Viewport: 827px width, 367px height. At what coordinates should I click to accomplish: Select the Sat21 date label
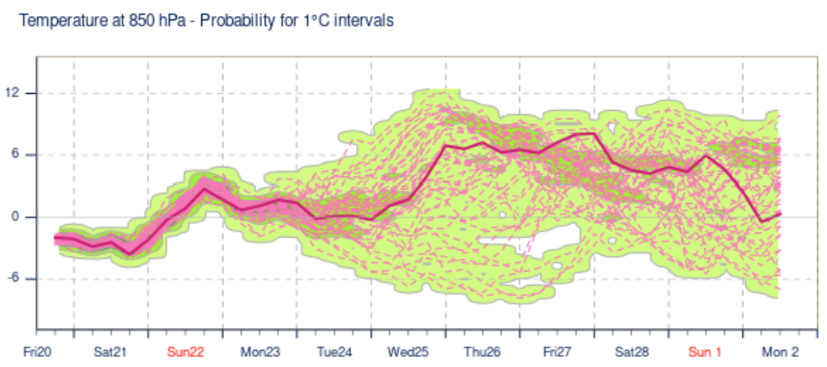coord(110,352)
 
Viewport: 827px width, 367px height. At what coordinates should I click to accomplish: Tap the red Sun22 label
coord(185,352)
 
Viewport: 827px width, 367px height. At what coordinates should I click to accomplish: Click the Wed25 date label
coord(408,352)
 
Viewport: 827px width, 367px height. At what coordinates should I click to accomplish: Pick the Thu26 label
coord(483,352)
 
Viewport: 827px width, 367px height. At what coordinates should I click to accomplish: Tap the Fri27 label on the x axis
coord(558,352)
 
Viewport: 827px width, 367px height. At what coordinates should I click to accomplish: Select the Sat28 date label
coord(632,352)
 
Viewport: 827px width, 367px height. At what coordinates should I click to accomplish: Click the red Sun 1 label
coord(704,352)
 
